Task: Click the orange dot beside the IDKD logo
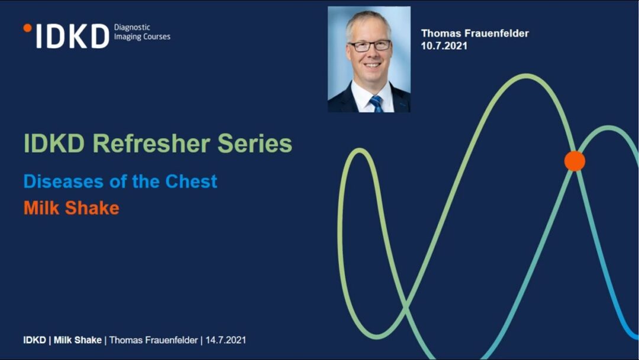click(28, 28)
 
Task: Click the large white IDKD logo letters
click(73, 36)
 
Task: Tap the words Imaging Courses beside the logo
click(142, 37)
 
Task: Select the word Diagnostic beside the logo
click(132, 27)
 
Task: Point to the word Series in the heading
click(254, 143)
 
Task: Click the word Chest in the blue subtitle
click(191, 181)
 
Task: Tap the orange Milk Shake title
click(72, 208)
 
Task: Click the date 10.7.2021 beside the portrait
click(444, 46)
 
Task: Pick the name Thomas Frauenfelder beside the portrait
click(475, 33)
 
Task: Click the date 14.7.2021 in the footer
click(226, 340)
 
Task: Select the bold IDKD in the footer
click(35, 340)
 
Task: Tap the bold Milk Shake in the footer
click(78, 340)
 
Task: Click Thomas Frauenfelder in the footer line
click(154, 340)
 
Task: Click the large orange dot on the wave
click(575, 160)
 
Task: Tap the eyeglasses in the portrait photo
click(370, 45)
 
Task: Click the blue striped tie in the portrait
click(376, 104)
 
